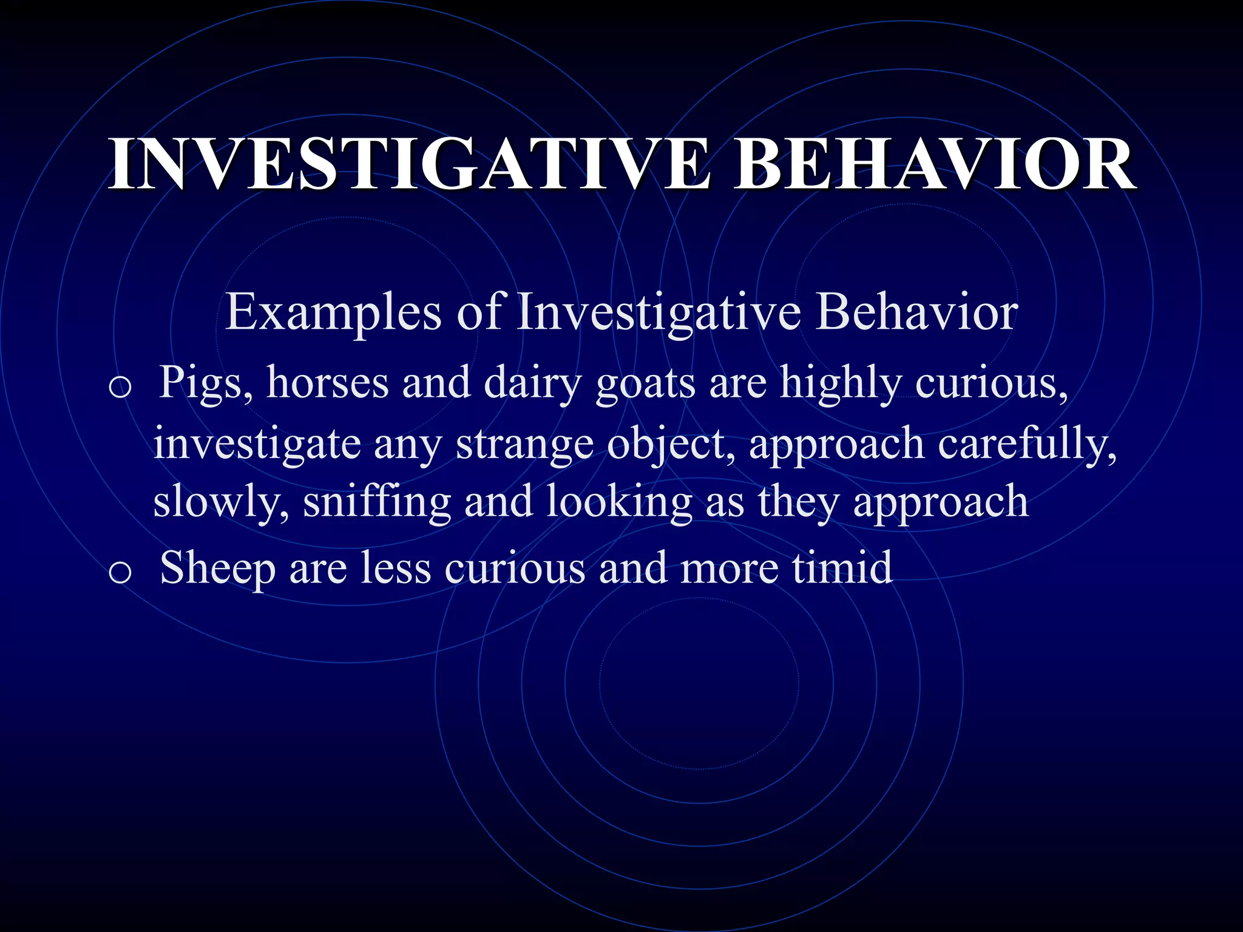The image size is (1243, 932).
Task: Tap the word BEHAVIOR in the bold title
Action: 934,164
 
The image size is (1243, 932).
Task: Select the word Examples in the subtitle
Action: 333,313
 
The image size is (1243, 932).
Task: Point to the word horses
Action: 327,384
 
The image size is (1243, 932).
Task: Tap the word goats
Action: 645,384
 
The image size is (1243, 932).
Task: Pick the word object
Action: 671,445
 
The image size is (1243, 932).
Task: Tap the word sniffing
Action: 376,502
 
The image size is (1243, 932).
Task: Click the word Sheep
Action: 217,569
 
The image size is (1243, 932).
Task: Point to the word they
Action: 798,502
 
